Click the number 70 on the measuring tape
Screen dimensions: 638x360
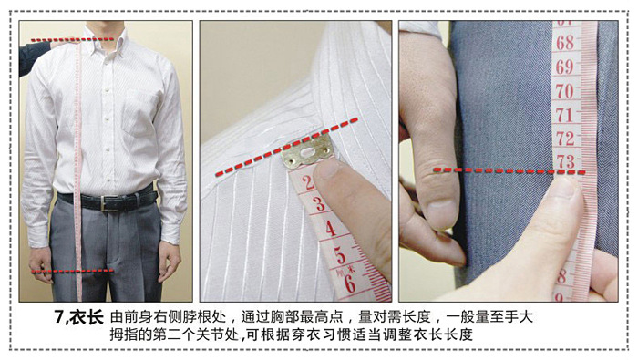tap(565, 91)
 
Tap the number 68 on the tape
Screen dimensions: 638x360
tap(565, 43)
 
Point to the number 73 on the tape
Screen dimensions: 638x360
tap(566, 161)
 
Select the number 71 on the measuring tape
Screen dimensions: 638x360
tap(564, 115)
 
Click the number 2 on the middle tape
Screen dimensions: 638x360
tap(308, 182)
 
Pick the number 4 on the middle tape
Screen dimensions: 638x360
tap(330, 228)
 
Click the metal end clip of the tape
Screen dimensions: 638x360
tap(307, 151)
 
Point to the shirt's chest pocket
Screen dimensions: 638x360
tap(139, 113)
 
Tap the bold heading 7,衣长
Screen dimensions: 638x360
tap(79, 318)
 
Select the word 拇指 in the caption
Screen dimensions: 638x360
tap(122, 334)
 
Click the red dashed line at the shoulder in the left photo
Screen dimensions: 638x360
tap(72, 40)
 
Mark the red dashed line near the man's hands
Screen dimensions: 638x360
tap(72, 271)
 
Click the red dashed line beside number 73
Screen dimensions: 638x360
tap(509, 170)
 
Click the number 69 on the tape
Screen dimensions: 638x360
tap(565, 67)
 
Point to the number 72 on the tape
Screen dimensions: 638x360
tap(566, 139)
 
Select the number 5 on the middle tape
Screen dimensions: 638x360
tap(340, 255)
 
